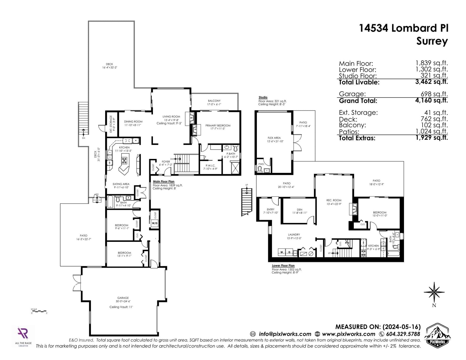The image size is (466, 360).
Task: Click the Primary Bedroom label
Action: click(218, 127)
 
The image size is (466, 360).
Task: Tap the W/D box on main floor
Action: click(155, 223)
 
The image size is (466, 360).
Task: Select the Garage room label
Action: click(123, 299)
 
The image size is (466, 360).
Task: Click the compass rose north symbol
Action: click(434, 293)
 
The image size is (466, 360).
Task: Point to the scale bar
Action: click(39, 311)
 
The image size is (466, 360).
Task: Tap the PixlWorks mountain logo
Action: click(437, 335)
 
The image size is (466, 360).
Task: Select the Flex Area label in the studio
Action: click(274, 139)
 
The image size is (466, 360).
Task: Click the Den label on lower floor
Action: click(299, 211)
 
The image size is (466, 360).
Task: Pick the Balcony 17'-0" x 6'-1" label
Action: click(214, 102)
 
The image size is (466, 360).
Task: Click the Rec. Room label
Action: click(334, 202)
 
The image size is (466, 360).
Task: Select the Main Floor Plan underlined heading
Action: click(164, 181)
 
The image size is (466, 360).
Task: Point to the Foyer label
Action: click(166, 163)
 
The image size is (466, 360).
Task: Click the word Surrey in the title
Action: click(432, 41)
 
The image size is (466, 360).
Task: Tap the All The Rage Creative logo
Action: click(23, 336)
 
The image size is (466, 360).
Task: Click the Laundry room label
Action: click(294, 236)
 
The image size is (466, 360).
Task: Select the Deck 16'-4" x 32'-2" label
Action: click(110, 66)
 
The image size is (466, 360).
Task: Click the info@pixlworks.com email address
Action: click(285, 334)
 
